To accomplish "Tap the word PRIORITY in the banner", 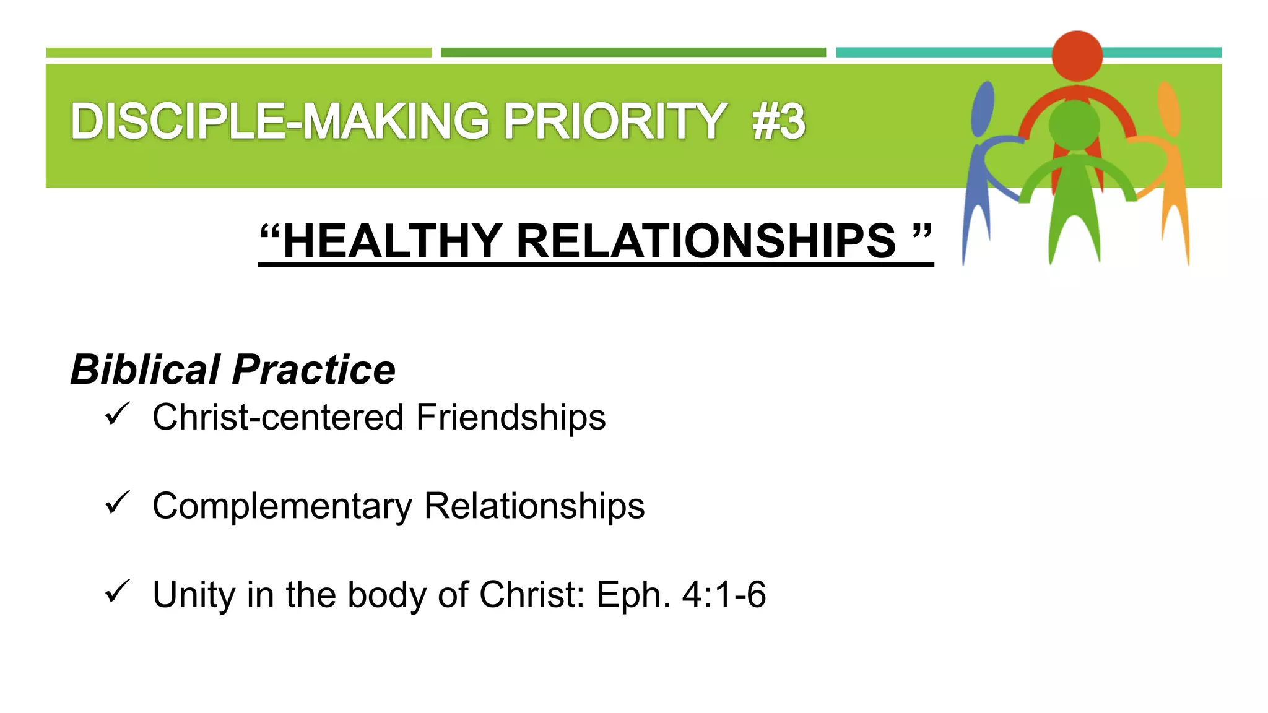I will [614, 121].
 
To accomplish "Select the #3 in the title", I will [779, 121].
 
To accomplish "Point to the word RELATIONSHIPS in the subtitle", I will [706, 241].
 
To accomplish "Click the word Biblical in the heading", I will [145, 369].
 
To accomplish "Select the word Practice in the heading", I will [314, 369].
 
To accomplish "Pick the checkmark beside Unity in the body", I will [117, 591].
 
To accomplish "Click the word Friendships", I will [511, 417].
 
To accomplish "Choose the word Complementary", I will [282, 506].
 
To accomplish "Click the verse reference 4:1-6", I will [724, 595].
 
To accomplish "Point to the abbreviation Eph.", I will [633, 595].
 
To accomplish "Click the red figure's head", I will [1077, 55].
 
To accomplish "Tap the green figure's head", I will [1074, 124].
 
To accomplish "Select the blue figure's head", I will [983, 108].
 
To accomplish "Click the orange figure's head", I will [1169, 108].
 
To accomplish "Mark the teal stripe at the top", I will [941, 53].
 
